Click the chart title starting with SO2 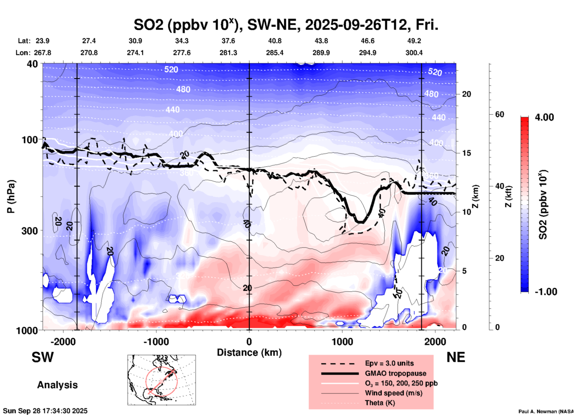point(286,25)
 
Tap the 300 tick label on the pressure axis point(30,231)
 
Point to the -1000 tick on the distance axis point(156,341)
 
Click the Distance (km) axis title point(249,352)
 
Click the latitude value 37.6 point(228,41)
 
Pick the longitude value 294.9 point(367,53)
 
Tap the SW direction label point(43,357)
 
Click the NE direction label point(456,357)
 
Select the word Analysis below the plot point(57,385)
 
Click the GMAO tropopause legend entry point(395,373)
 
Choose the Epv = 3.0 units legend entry point(389,363)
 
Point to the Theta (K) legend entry point(380,403)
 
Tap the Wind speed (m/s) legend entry point(393,393)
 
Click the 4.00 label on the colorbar point(544,117)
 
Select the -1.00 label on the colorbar point(546,292)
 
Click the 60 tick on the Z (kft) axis point(499,114)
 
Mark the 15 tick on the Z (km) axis point(466,153)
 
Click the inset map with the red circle point(162,380)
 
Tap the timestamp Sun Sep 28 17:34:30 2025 point(45,411)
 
